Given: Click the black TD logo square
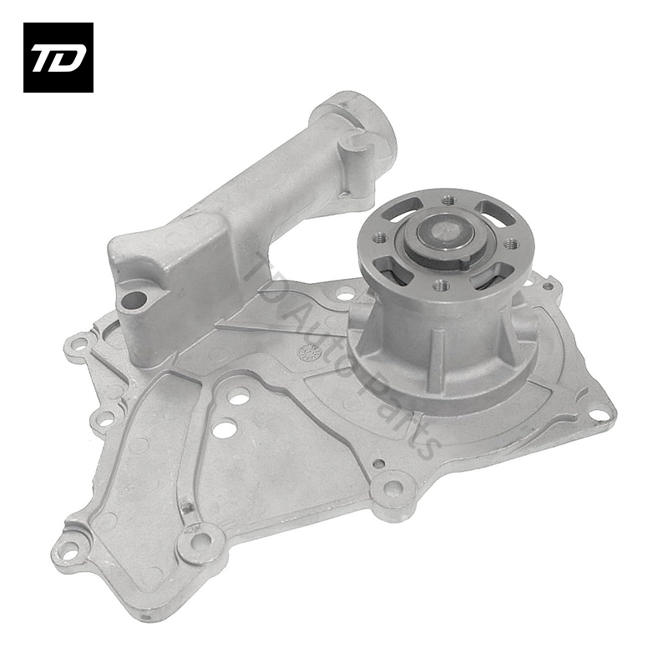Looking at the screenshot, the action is coord(58,58).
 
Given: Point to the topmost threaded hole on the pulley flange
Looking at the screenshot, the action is coord(447,200).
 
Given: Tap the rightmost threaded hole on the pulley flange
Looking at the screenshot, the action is coord(510,244).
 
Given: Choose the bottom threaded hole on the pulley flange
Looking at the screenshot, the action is coord(439,285).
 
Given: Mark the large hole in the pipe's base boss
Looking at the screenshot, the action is coord(132,302).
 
